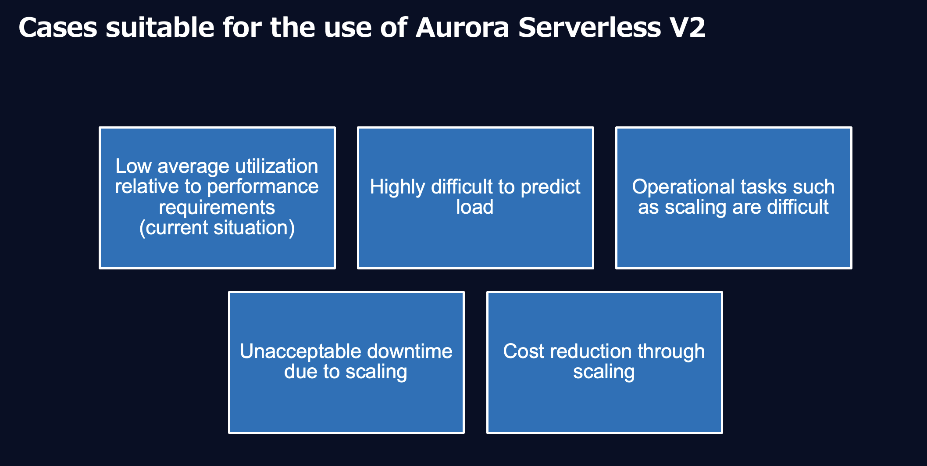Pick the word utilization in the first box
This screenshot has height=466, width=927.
point(277,166)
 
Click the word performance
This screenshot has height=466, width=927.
point(263,187)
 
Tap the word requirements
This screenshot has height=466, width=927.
point(217,208)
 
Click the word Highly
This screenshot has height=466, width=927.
point(397,187)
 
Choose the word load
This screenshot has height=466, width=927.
point(474,207)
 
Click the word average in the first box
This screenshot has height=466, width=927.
point(193,166)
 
